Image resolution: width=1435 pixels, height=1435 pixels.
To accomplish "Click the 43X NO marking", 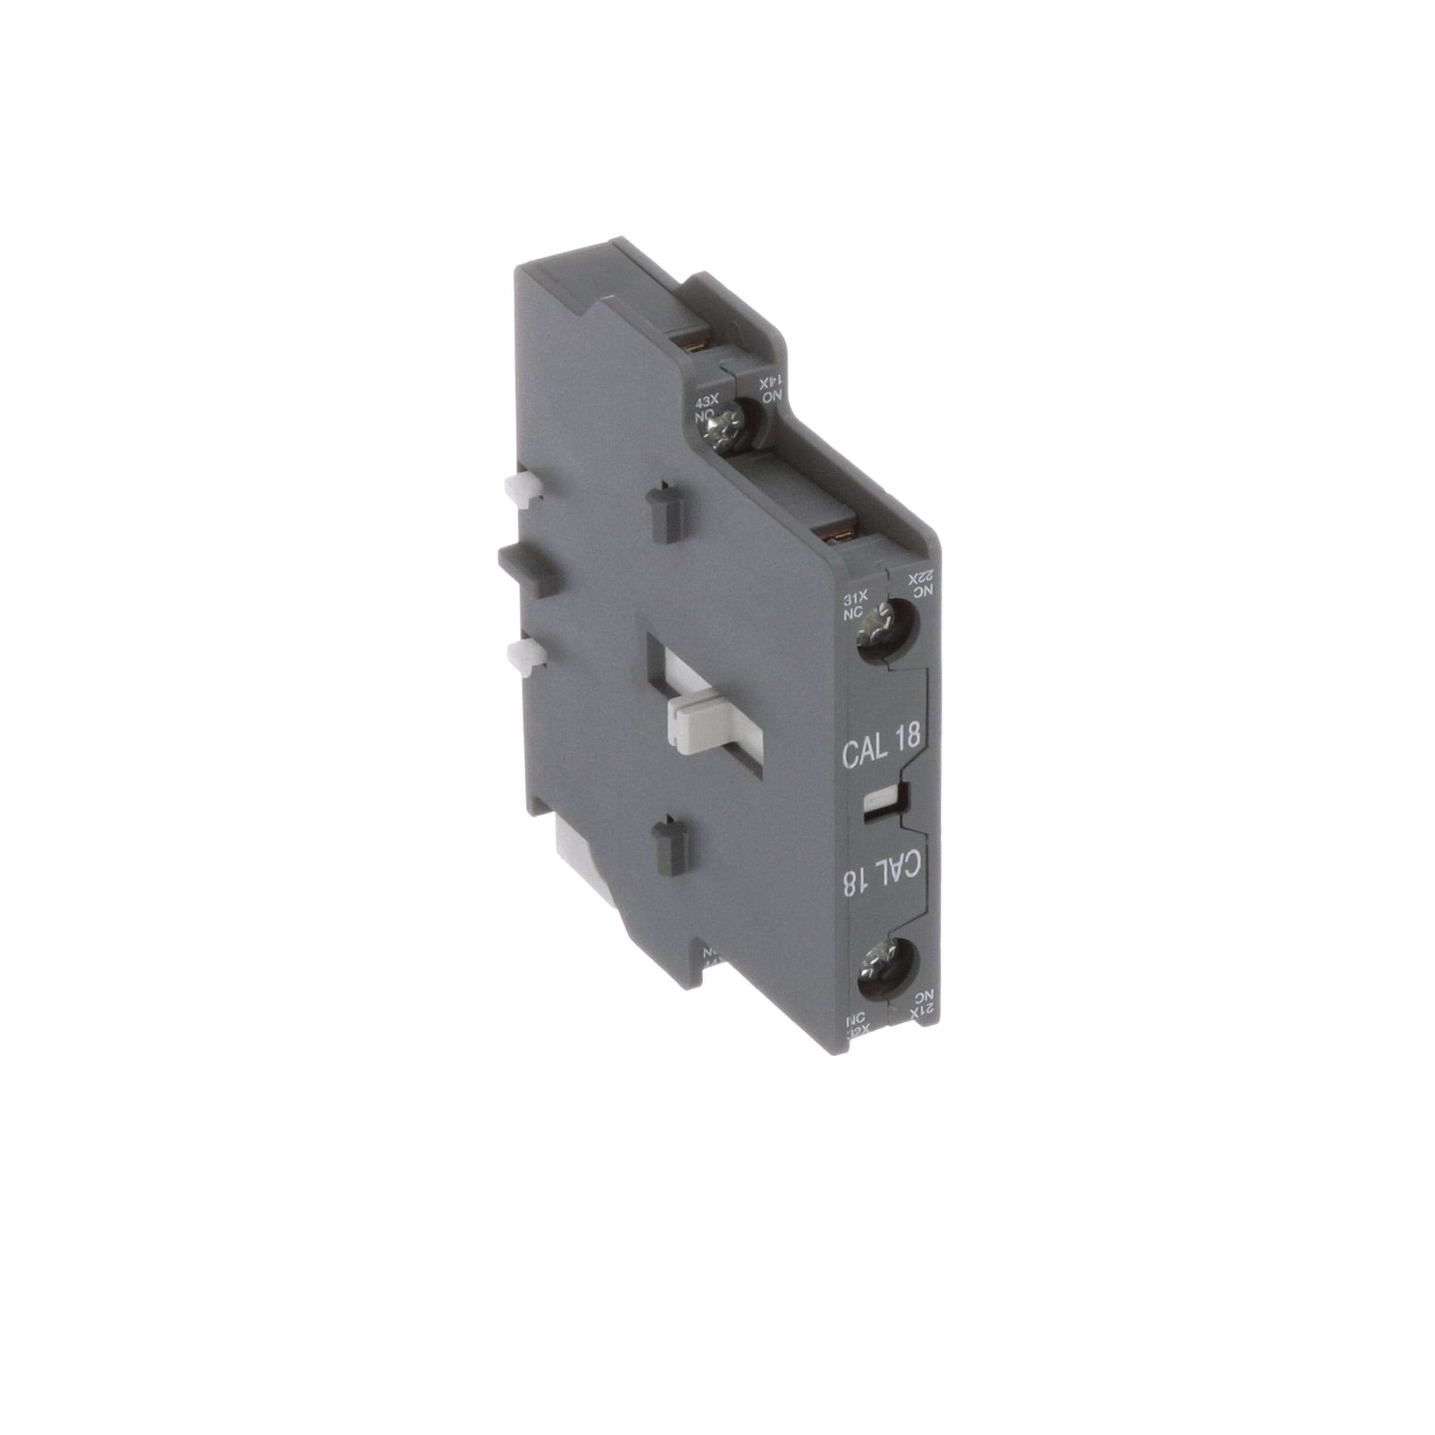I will tap(705, 408).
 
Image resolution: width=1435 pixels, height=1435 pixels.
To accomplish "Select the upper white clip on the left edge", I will tap(522, 487).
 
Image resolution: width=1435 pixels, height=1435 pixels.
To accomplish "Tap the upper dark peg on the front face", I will tap(664, 513).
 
